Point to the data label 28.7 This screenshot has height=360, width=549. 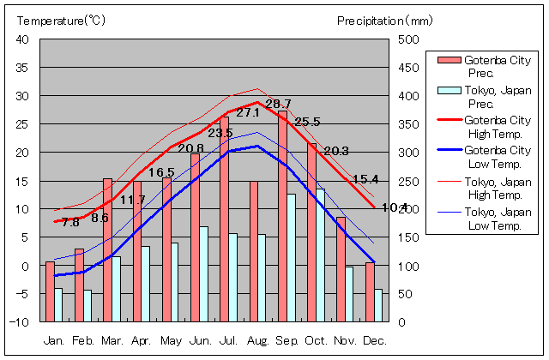click(x=278, y=104)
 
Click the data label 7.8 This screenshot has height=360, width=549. click(x=70, y=222)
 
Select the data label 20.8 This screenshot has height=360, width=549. click(x=190, y=148)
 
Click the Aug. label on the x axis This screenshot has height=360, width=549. click(x=258, y=340)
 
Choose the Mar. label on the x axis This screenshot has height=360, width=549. click(x=112, y=340)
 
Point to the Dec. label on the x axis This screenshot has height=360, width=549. click(x=375, y=340)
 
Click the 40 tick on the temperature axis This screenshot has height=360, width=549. click(x=22, y=39)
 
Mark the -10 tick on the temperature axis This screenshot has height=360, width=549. click(x=19, y=322)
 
